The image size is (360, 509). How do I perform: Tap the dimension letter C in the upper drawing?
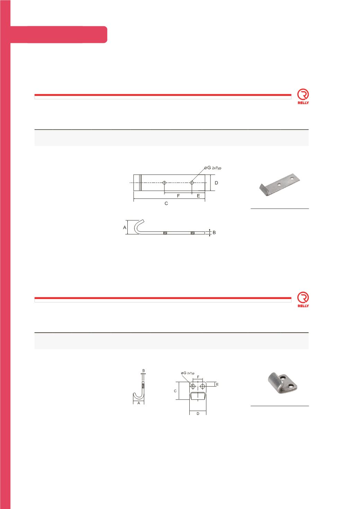coord(166,204)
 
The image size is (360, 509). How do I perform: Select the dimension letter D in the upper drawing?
coord(216,183)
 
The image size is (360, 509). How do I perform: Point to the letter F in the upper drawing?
coord(178,196)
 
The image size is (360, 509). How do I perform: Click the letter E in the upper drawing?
coord(198,196)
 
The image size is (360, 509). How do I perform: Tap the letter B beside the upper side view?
coord(214,233)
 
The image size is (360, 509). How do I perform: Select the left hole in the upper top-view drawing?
coord(165,182)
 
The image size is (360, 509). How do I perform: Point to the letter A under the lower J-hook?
coord(138,403)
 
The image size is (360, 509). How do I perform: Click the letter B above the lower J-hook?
coord(144,371)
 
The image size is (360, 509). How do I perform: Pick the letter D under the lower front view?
coord(198,414)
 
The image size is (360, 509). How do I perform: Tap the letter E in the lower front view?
coord(217,384)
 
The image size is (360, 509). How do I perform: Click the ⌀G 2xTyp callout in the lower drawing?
coord(188,373)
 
